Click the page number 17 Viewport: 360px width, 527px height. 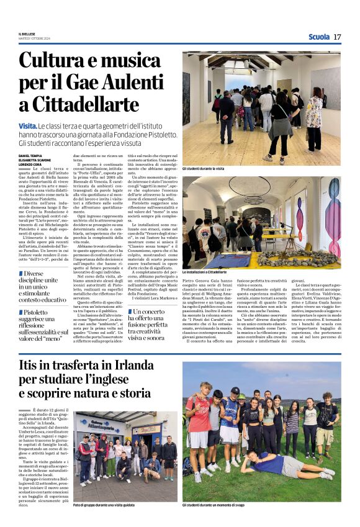tap(337, 37)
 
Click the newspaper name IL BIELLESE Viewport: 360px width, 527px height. tap(27, 34)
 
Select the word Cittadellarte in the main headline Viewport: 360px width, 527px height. tap(79, 104)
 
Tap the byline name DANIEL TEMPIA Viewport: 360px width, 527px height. tap(31, 156)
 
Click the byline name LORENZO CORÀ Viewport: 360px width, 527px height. tap(30, 163)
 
